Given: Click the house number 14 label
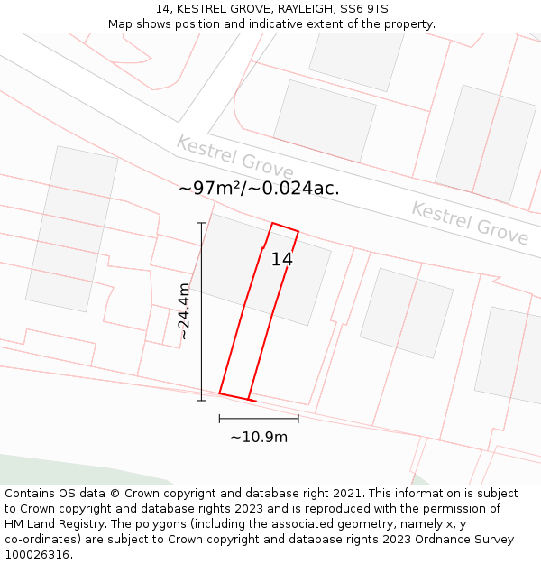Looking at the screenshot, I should [x=281, y=260].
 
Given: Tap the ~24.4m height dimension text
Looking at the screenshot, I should [x=184, y=311].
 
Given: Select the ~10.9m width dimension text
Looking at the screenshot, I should [x=259, y=438].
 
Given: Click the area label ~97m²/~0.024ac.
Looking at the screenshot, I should [x=259, y=189].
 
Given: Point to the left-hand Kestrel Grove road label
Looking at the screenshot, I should [x=234, y=157].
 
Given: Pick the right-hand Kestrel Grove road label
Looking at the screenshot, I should [x=470, y=223].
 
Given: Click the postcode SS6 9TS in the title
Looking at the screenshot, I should [x=364, y=9].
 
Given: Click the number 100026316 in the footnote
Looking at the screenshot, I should [x=39, y=555].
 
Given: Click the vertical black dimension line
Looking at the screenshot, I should [x=201, y=311].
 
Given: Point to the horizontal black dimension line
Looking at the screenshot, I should [x=259, y=418].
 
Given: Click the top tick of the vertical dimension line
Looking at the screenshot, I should [x=201, y=223].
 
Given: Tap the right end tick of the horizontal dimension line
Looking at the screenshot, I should [x=298, y=418].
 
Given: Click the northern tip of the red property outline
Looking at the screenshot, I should [x=273, y=223].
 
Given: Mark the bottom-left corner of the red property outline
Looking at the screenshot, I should [x=220, y=393].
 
